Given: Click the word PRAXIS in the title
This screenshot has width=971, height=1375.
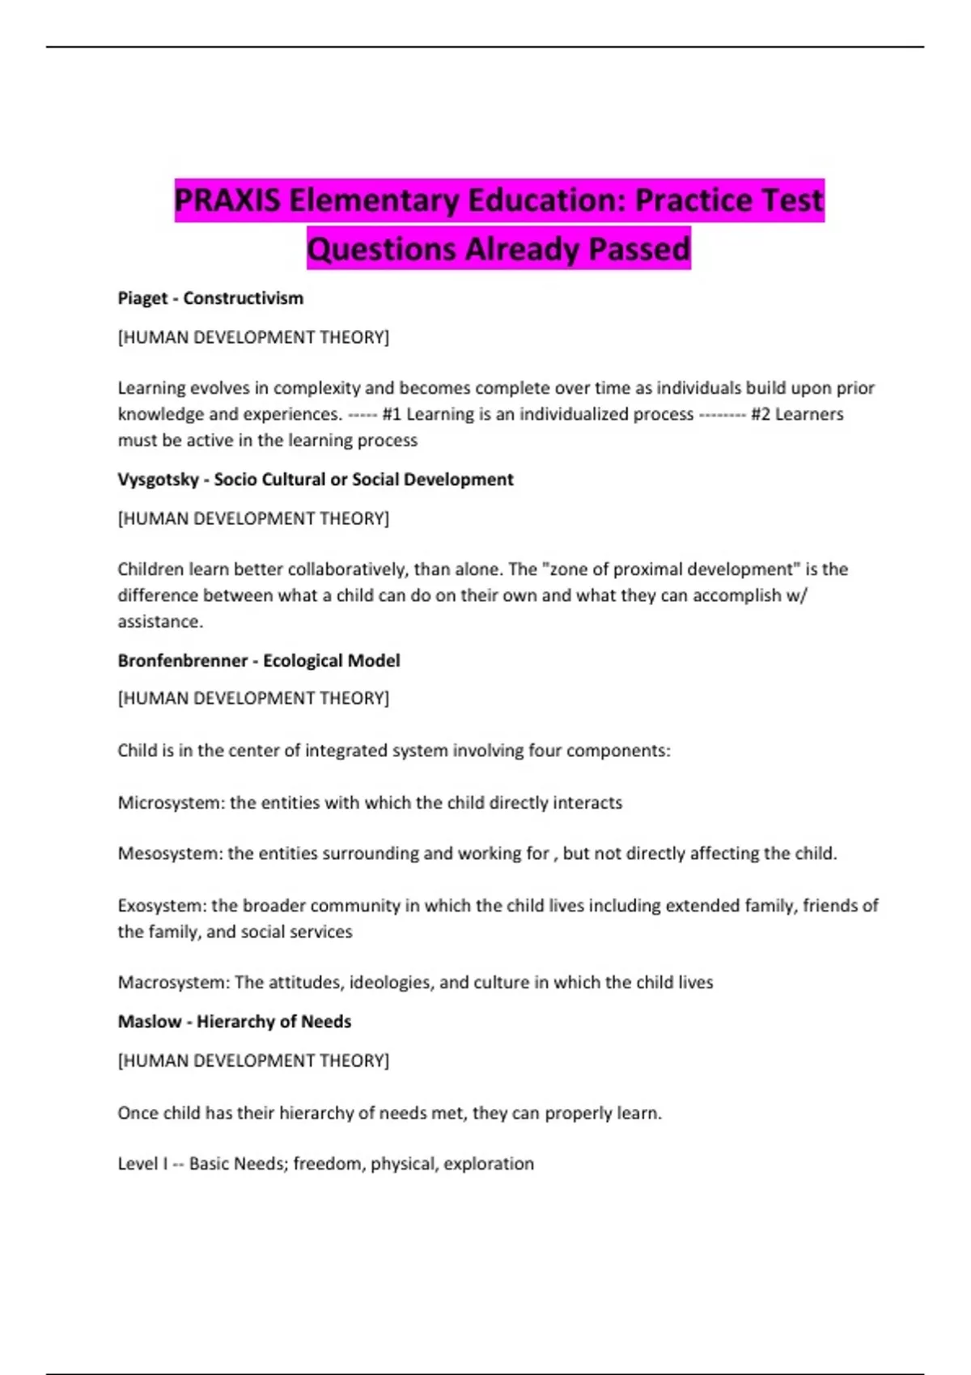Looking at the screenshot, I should point(227,201).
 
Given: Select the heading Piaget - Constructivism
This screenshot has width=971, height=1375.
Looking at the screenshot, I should point(210,298).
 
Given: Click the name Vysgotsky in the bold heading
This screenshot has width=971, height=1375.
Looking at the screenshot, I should point(158,480).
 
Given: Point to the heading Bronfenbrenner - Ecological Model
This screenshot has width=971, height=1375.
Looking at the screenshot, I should point(259,661).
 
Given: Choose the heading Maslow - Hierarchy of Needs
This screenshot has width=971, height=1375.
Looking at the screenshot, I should point(235,1022).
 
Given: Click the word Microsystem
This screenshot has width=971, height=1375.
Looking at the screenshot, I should point(169,803).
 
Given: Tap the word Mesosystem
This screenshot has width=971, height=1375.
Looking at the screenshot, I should point(168,853).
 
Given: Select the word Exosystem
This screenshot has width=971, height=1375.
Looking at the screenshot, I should point(161,906).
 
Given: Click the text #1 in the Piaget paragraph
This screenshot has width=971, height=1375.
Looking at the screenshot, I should point(392,414).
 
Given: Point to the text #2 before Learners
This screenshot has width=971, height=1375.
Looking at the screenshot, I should point(761,414).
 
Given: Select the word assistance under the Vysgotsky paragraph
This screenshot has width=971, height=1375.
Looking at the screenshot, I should point(159,622).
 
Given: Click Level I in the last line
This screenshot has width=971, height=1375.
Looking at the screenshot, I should point(142,1164).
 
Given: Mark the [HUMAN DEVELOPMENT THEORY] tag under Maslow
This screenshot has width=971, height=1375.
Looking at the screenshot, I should point(253,1060).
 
